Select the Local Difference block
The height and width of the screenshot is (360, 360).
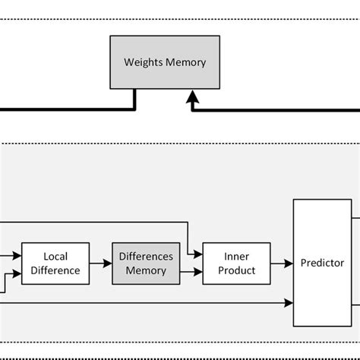[55, 264]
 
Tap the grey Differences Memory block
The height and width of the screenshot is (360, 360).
[145, 264]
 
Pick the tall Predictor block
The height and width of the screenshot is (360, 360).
[322, 264]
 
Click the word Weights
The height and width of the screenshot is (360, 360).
[143, 62]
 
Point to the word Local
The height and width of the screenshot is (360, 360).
[55, 257]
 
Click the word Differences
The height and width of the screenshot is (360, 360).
[146, 257]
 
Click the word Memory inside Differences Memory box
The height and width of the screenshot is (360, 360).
[146, 270]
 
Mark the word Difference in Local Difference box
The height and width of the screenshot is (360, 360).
[55, 270]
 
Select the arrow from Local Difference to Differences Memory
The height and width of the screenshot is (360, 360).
[100, 264]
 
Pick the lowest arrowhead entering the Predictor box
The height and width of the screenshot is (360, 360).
[289, 302]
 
